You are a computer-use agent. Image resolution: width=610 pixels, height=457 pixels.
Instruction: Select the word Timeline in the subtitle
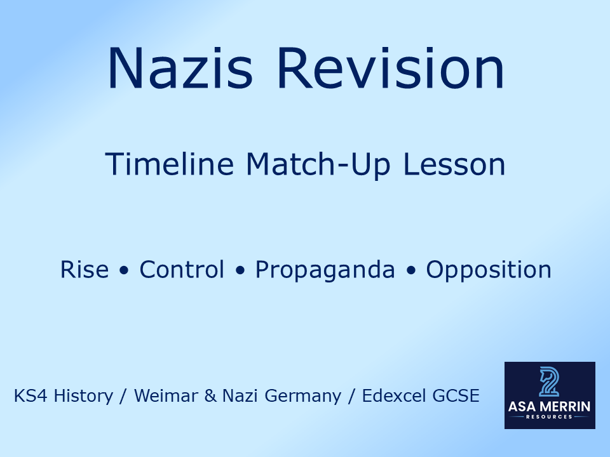click(x=169, y=164)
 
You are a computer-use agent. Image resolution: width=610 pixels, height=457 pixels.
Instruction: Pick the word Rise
click(x=85, y=270)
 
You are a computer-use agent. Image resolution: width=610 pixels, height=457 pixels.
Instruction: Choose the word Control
click(x=182, y=270)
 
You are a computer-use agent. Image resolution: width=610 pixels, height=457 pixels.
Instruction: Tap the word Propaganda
click(x=325, y=270)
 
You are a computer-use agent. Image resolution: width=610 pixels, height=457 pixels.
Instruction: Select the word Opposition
click(x=489, y=270)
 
